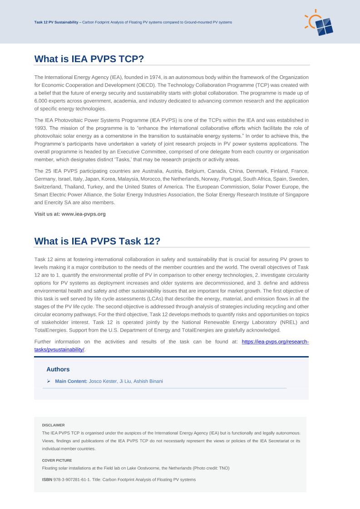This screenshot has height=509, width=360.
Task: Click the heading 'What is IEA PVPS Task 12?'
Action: (97, 241)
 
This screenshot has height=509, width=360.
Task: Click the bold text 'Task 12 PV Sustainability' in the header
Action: (56, 22)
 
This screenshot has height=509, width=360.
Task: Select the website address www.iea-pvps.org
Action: (84, 214)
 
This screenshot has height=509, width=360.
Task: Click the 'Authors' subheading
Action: (58, 369)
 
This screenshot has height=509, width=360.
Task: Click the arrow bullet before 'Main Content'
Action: (49, 381)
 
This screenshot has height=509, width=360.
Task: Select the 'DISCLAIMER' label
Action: (53, 425)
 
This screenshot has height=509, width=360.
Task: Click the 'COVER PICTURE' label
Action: (57, 460)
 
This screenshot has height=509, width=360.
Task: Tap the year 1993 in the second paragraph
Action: (41, 128)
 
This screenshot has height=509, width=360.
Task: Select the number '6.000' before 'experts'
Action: (41, 101)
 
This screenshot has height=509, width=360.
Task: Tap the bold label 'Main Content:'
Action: (71, 381)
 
